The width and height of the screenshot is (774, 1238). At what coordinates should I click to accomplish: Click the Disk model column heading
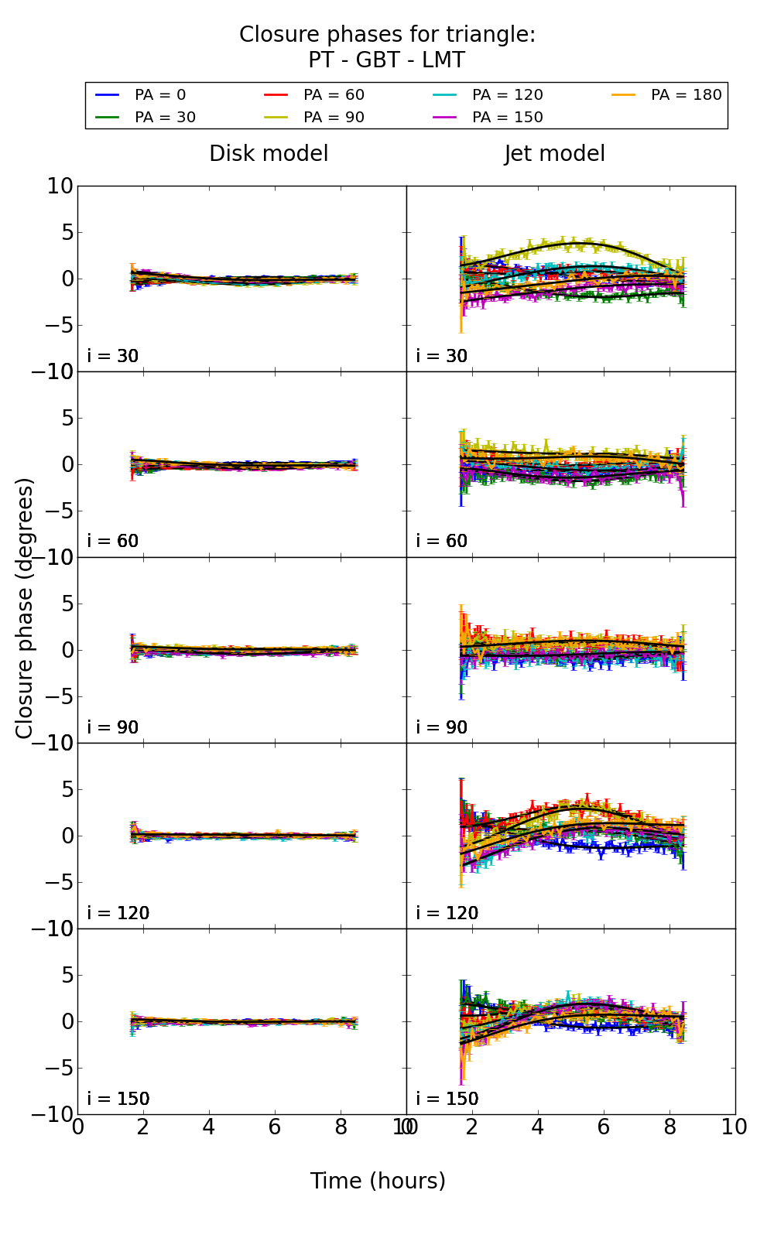269,154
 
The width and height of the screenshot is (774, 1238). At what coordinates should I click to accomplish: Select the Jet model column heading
554,154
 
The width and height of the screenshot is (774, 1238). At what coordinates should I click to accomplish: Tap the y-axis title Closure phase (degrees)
25,608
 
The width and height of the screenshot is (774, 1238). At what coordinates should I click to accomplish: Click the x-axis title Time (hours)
378,1181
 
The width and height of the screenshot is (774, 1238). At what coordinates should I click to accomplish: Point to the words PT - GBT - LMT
386,60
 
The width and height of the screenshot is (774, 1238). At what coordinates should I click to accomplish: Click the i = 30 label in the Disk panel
113,356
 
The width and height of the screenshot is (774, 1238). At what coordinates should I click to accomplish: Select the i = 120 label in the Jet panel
447,913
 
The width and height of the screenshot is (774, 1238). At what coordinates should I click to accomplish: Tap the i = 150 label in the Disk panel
118,1099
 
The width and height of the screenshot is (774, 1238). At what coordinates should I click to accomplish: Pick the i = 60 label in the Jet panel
442,541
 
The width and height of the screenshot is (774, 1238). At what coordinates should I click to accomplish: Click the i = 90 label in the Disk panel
113,727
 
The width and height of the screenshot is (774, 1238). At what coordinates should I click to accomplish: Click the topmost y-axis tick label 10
60,186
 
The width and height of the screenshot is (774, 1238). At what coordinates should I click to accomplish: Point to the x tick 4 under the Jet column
537,1127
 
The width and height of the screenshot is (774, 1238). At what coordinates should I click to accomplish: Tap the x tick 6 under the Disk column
275,1127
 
